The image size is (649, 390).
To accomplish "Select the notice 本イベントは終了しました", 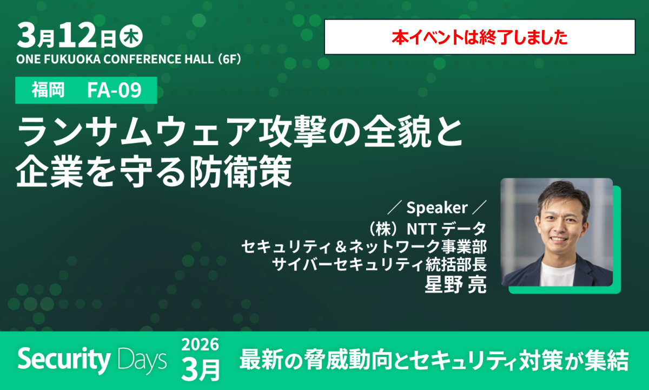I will (x=479, y=37).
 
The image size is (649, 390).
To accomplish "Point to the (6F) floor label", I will (x=228, y=58).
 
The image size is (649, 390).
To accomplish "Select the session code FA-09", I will (x=114, y=90).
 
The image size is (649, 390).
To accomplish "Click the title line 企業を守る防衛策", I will (x=154, y=172).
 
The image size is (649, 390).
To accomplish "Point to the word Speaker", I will (x=436, y=207).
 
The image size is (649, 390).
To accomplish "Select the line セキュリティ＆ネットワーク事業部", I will (x=365, y=246).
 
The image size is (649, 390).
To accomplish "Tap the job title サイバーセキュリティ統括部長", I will (x=379, y=265).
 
